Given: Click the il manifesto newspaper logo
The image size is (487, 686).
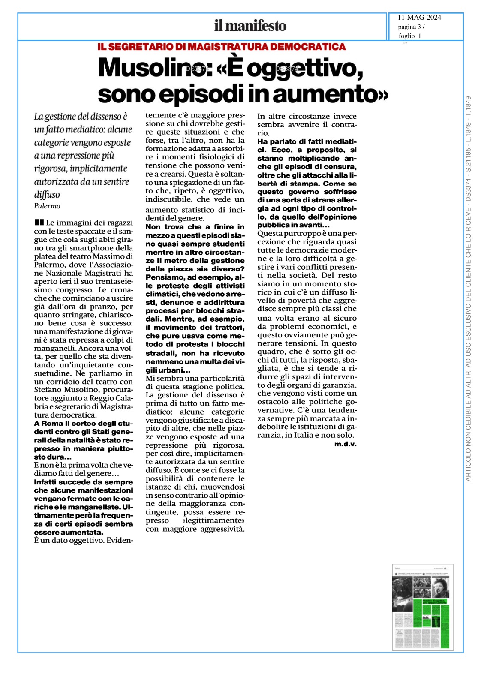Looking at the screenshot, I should pyautogui.click(x=250, y=26).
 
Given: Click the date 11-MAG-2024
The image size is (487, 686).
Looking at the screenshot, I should pyautogui.click(x=419, y=18).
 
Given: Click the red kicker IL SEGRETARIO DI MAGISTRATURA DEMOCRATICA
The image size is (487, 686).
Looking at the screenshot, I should pyautogui.click(x=221, y=47).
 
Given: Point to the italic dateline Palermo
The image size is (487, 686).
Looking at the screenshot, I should pyautogui.click(x=47, y=206).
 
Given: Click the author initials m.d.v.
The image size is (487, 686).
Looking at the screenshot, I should pyautogui.click(x=345, y=444).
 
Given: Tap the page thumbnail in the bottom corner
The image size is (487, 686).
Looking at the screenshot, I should pyautogui.click(x=422, y=607).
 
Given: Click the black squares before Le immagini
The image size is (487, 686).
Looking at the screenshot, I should pyautogui.click(x=39, y=222).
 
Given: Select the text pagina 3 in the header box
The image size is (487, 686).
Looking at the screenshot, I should pyautogui.click(x=409, y=27).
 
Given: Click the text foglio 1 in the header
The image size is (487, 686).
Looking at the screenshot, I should pyautogui.click(x=409, y=36).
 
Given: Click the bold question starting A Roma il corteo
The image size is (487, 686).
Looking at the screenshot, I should pyautogui.click(x=84, y=440).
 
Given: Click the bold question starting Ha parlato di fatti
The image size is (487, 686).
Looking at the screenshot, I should pyautogui.click(x=307, y=141).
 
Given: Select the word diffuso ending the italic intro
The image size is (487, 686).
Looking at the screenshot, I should pyautogui.click(x=47, y=195).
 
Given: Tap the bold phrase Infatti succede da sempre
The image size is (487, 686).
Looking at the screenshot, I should pyautogui.click(x=84, y=482).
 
